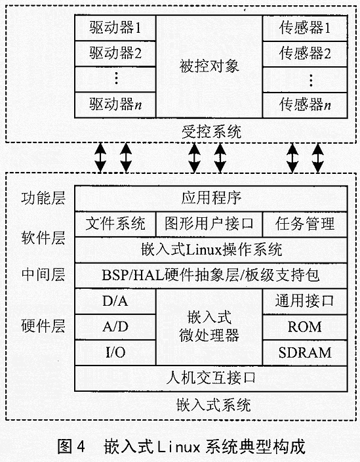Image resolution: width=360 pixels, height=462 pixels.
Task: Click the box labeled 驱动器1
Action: (115, 28)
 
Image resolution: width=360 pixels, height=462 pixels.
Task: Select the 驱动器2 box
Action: (115, 54)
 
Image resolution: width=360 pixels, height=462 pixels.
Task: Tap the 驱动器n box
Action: (115, 105)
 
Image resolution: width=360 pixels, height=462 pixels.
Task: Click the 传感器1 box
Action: (305, 28)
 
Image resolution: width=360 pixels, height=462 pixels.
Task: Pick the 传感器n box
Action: (305, 105)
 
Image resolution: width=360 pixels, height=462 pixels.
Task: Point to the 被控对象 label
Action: (209, 66)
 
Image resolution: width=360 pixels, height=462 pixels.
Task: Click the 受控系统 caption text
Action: (211, 132)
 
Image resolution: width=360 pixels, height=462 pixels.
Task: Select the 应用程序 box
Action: (211, 198)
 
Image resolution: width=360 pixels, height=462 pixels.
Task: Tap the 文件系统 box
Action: (115, 224)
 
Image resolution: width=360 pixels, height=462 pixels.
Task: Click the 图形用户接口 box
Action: (209, 224)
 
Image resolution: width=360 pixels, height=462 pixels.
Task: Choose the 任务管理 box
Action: (305, 224)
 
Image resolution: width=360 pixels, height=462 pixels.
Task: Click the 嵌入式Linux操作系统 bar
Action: (211, 250)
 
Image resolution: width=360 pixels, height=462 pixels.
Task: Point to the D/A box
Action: (115, 301)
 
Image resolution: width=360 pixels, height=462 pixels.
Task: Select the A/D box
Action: (115, 327)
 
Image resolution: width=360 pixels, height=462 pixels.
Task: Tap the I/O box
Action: (115, 352)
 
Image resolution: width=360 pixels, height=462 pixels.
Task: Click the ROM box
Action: (305, 327)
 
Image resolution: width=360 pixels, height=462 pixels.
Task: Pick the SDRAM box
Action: (305, 352)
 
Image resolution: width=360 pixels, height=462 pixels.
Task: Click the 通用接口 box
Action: (305, 301)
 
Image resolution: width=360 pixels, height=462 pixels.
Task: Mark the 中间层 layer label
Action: (43, 274)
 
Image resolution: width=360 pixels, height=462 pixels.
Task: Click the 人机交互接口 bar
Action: (211, 378)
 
